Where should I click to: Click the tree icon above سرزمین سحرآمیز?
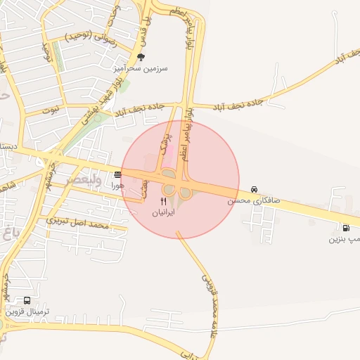click(x=141, y=57)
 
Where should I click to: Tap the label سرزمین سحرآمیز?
click(x=141, y=69)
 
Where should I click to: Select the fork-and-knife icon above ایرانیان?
click(x=163, y=200)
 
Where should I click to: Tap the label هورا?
click(x=117, y=186)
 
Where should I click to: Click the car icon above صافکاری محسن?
click(x=253, y=189)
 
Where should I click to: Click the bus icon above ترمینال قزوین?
click(x=27, y=300)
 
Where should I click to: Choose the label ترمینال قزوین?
click(x=25, y=311)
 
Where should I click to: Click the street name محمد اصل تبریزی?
click(x=77, y=224)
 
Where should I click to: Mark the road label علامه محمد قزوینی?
click(x=210, y=306)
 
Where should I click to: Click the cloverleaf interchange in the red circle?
click(x=176, y=188)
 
